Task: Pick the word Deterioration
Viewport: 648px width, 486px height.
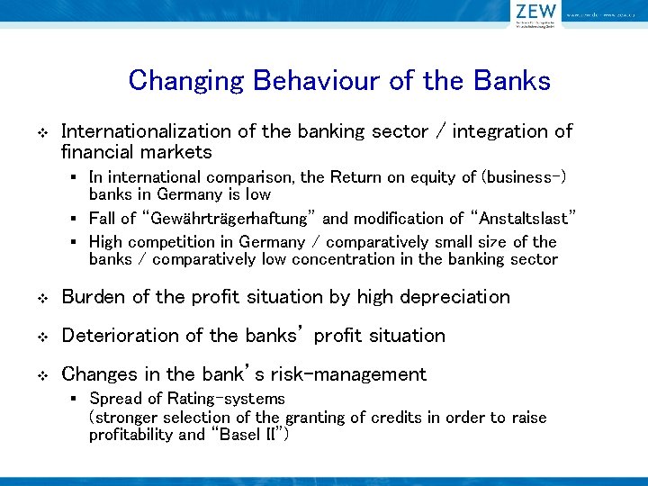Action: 120,336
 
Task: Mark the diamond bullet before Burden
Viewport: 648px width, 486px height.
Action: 40,298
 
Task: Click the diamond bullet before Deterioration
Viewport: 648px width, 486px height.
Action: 40,337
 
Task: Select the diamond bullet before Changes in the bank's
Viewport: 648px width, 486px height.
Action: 40,375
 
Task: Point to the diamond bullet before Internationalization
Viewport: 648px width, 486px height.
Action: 40,132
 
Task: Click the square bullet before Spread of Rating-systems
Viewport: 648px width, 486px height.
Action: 80,399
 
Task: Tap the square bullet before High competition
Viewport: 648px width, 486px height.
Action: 80,242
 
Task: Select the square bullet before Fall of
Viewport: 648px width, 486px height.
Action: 80,219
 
